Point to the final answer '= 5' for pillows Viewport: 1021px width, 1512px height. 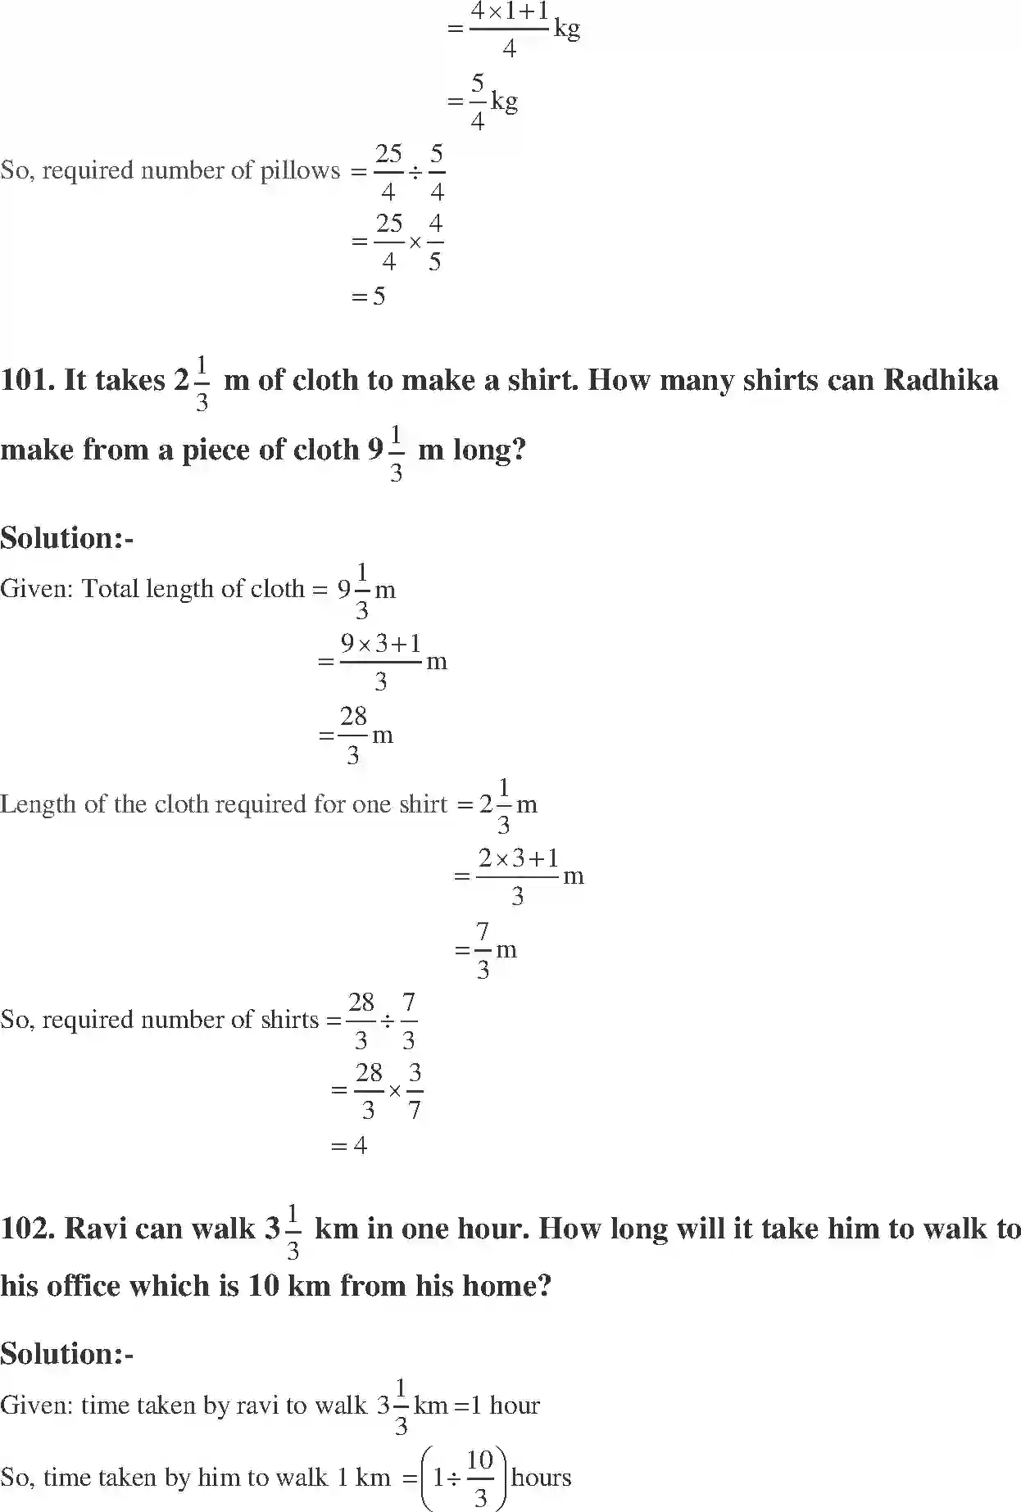pos(369,297)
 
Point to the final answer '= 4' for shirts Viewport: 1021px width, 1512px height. pos(349,1145)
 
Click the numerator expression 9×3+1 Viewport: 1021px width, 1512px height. pos(381,644)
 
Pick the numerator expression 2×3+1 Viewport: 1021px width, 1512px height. pos(518,858)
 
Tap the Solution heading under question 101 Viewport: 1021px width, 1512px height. pos(66,538)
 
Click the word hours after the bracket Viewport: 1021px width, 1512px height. pos(541,1478)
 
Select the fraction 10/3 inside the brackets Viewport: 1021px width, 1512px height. pos(480,1478)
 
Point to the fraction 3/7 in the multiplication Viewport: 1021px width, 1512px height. pos(415,1091)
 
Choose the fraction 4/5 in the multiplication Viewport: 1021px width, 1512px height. pos(435,242)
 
